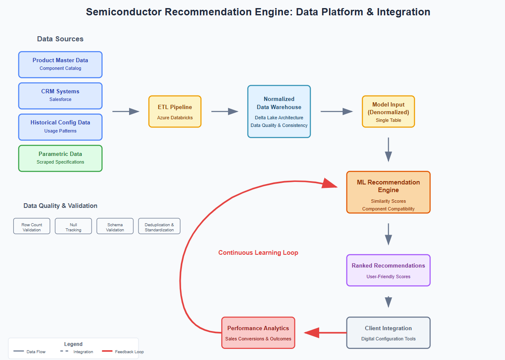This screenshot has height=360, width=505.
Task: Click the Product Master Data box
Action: point(60,64)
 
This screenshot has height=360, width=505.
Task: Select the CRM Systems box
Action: point(60,95)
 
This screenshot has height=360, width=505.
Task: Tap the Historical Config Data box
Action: point(60,127)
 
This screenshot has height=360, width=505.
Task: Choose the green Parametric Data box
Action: point(60,158)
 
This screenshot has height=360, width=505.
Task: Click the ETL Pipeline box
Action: point(175,111)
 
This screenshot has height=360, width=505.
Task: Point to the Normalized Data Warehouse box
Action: point(279,111)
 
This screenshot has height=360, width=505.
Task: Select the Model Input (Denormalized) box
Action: point(388,111)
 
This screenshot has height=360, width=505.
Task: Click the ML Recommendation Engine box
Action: point(388,192)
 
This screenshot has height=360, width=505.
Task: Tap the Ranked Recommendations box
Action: point(388,270)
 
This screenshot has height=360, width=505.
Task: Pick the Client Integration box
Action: point(388,332)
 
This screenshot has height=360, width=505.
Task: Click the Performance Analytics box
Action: point(258,332)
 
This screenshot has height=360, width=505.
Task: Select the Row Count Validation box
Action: point(32,226)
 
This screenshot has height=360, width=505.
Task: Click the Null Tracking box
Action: point(73,226)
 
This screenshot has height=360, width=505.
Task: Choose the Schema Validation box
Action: point(115,226)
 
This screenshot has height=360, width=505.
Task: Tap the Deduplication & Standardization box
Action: point(159,226)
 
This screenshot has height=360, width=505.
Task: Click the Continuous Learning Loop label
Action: point(258,253)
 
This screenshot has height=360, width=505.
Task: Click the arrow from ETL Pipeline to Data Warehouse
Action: point(224,111)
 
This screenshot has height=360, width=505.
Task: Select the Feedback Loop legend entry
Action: point(123,351)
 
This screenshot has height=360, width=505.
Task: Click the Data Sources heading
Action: point(60,39)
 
